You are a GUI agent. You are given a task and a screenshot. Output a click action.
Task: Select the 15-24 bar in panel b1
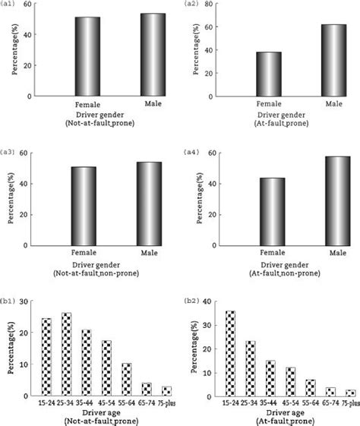pyautogui.click(x=47, y=357)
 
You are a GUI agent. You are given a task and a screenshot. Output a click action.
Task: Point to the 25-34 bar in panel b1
pyautogui.click(x=67, y=355)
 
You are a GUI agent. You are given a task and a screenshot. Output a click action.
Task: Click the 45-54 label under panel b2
pyautogui.click(x=289, y=404)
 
